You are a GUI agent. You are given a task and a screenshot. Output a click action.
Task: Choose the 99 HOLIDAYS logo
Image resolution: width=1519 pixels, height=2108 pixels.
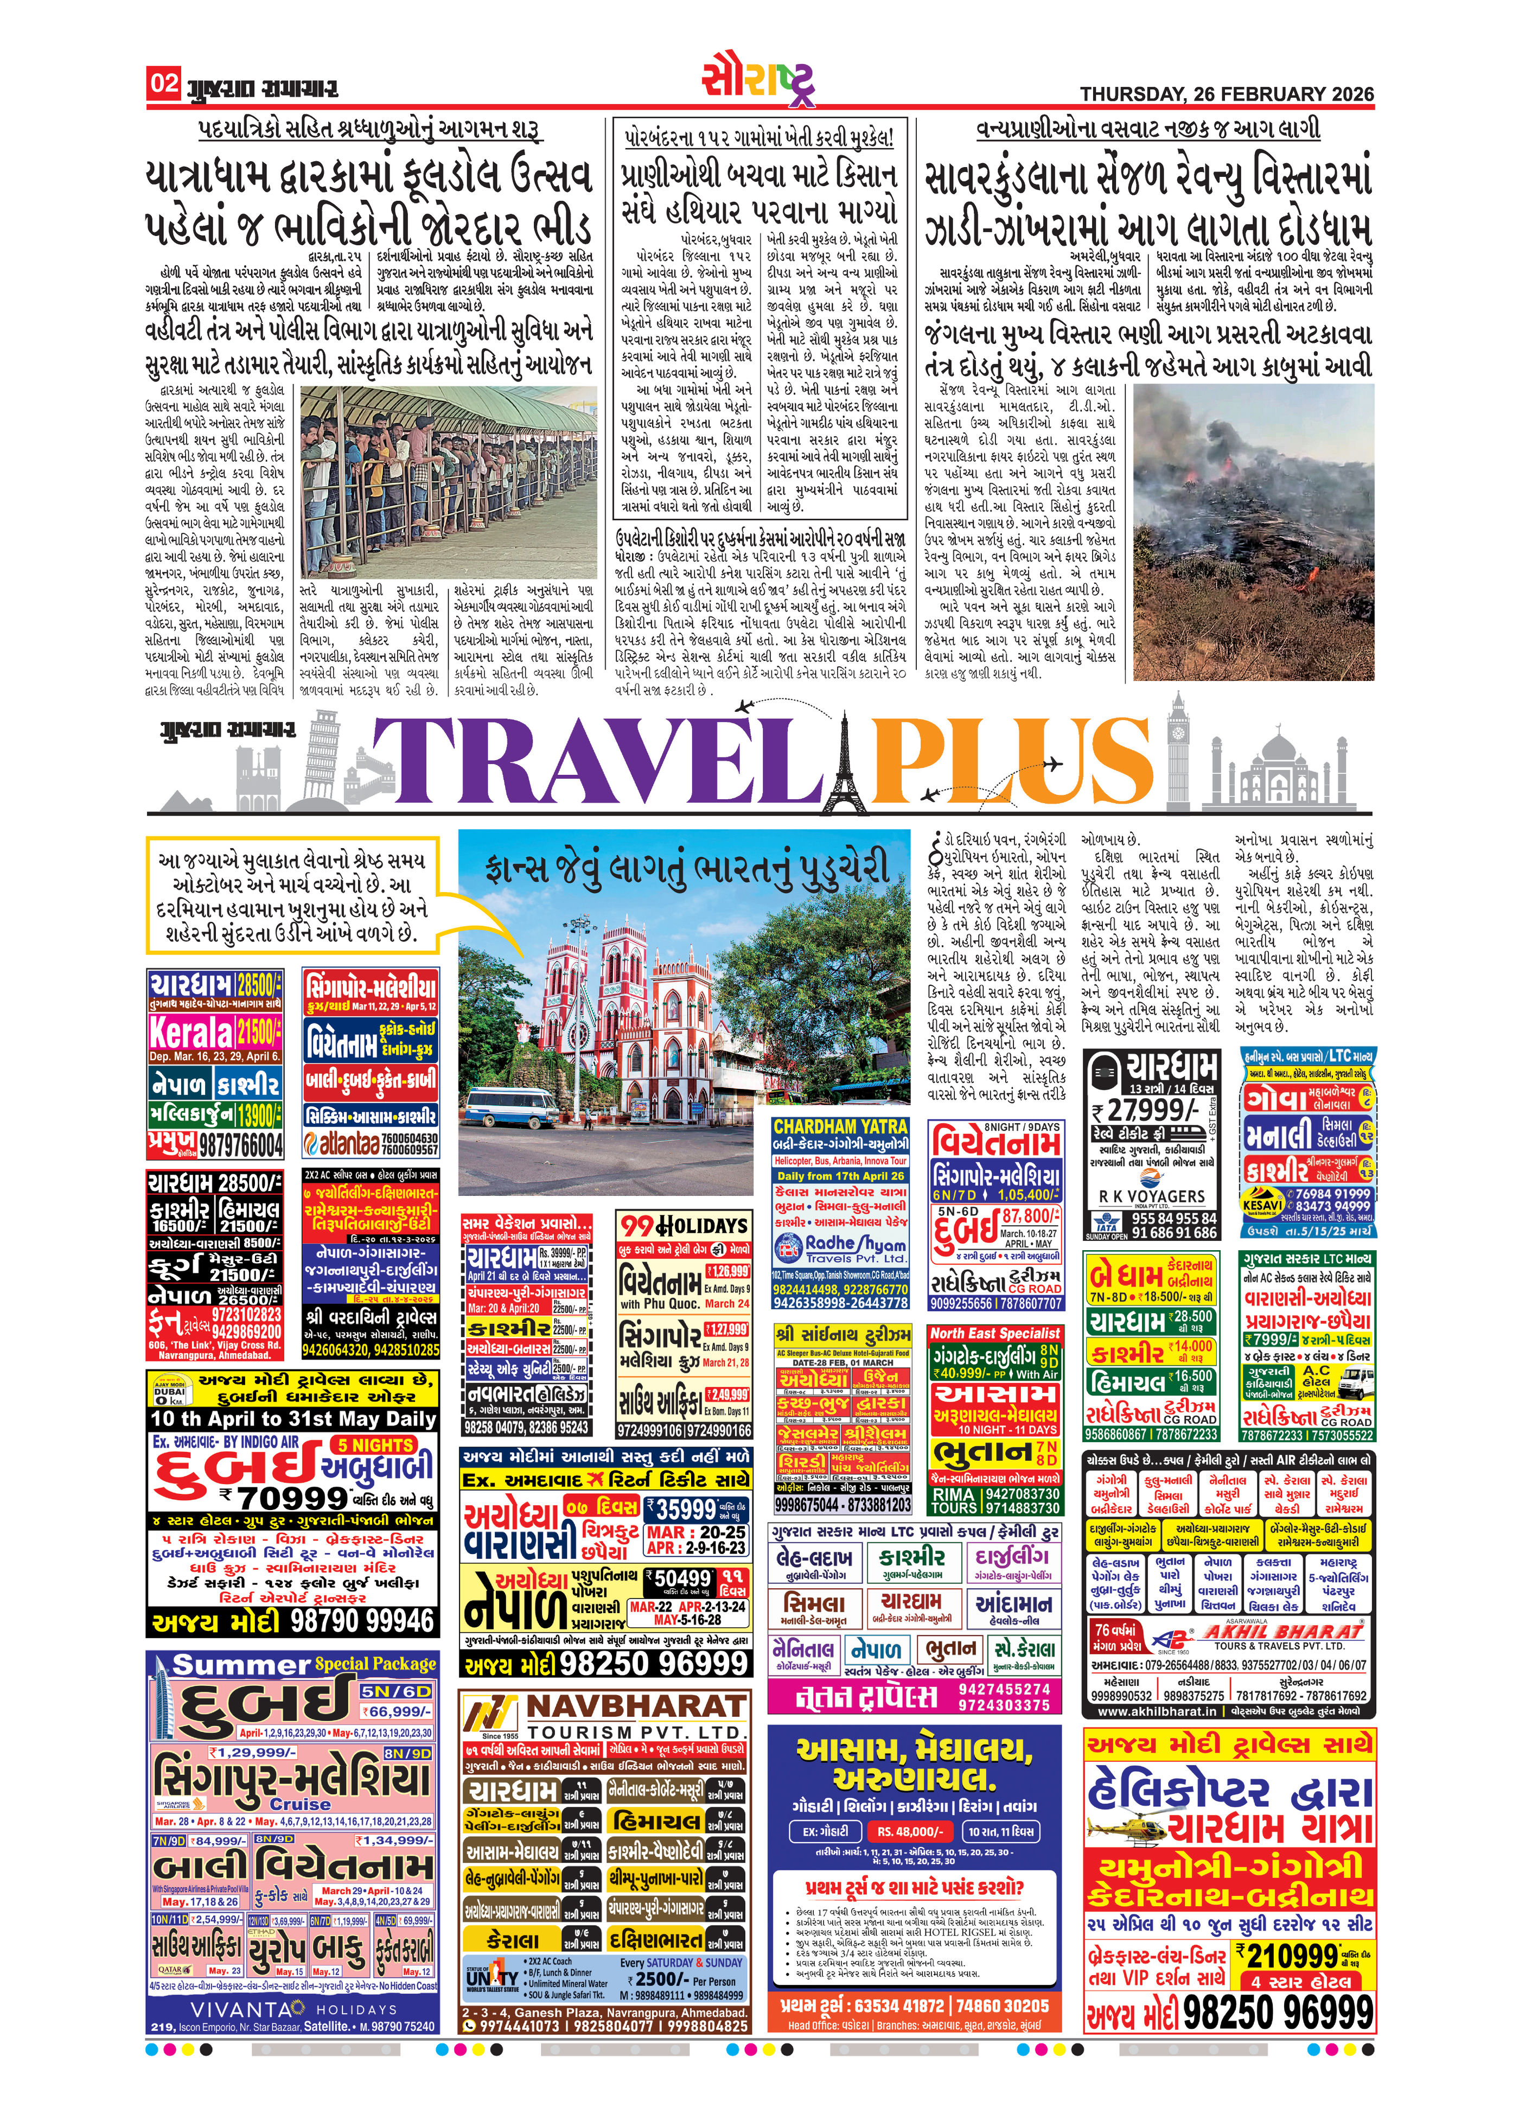(683, 1225)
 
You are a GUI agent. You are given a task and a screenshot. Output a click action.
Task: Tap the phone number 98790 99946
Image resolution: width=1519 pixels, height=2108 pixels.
(362, 1621)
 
